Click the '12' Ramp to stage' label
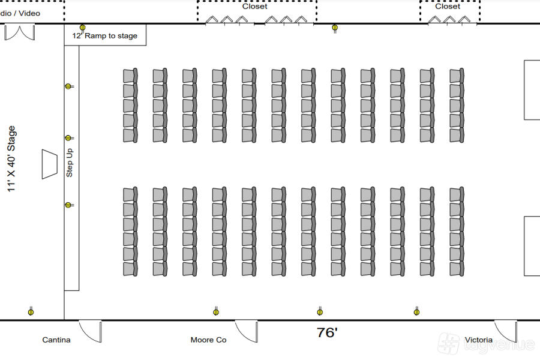click(x=105, y=36)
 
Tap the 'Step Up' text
click(x=70, y=163)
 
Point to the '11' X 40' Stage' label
click(x=11, y=159)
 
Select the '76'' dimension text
click(x=327, y=333)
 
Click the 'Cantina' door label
click(x=56, y=340)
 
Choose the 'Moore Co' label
click(x=208, y=340)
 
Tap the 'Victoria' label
click(x=478, y=340)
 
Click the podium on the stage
click(x=49, y=164)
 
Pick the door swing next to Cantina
click(x=91, y=331)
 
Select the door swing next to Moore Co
click(x=246, y=331)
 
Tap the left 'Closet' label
click(x=255, y=7)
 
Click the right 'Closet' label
click(x=448, y=7)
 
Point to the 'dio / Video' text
click(x=20, y=13)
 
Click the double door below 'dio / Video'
click(x=19, y=32)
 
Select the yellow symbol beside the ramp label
click(x=83, y=27)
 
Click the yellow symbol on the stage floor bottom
click(x=31, y=311)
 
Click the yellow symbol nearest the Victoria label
click(x=416, y=311)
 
